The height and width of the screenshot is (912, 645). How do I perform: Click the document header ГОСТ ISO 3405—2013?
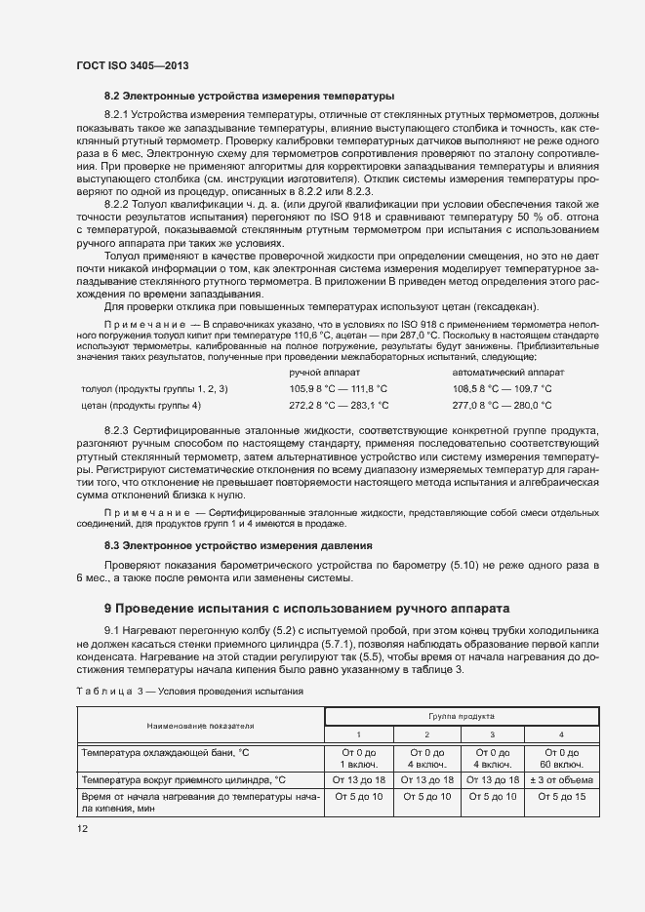132,65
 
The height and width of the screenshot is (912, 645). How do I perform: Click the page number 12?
82,829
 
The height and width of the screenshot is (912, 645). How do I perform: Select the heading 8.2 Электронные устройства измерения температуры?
249,97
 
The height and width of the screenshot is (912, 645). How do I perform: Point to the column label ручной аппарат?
325,373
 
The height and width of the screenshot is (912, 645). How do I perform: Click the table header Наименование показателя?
200,725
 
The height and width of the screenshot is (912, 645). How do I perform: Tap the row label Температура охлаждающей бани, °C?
174,752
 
